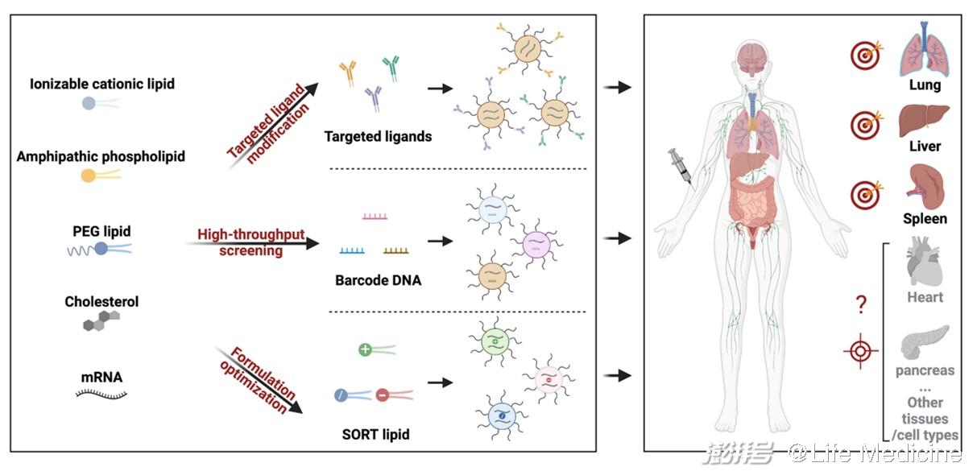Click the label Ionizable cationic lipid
coord(102,84)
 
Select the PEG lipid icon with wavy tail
coord(99,250)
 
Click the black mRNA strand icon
coord(101,394)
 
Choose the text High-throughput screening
coord(251,242)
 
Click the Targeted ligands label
coord(378,136)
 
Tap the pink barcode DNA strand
coord(376,216)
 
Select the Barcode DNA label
coord(378,282)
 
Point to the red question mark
coord(861,304)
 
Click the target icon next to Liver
coord(865,125)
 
